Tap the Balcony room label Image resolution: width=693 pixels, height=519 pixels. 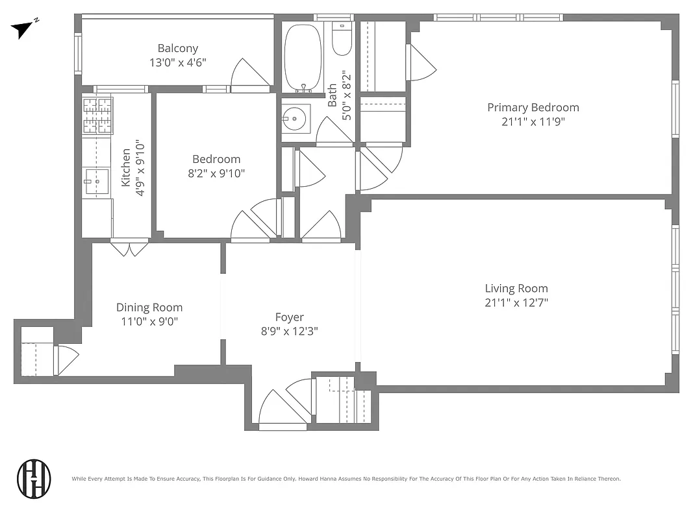point(178,48)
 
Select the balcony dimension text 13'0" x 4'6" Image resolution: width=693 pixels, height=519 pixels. point(178,63)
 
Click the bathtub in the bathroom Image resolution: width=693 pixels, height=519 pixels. point(303,58)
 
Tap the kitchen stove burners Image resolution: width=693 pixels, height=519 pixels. point(97,115)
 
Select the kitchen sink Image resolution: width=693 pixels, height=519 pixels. point(97,181)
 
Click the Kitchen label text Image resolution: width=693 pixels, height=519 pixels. point(126,167)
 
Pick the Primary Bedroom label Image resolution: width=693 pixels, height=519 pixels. point(533,108)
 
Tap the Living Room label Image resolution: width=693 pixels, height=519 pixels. point(516,289)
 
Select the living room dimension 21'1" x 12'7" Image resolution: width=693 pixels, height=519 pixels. point(516,303)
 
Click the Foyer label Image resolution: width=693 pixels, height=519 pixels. point(289,317)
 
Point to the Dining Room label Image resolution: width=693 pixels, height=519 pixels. point(149,308)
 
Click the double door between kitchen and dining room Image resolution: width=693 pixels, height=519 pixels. point(129,248)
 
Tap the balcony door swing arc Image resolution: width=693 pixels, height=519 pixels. point(251,72)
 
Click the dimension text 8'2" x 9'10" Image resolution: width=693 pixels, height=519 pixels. point(216,173)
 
